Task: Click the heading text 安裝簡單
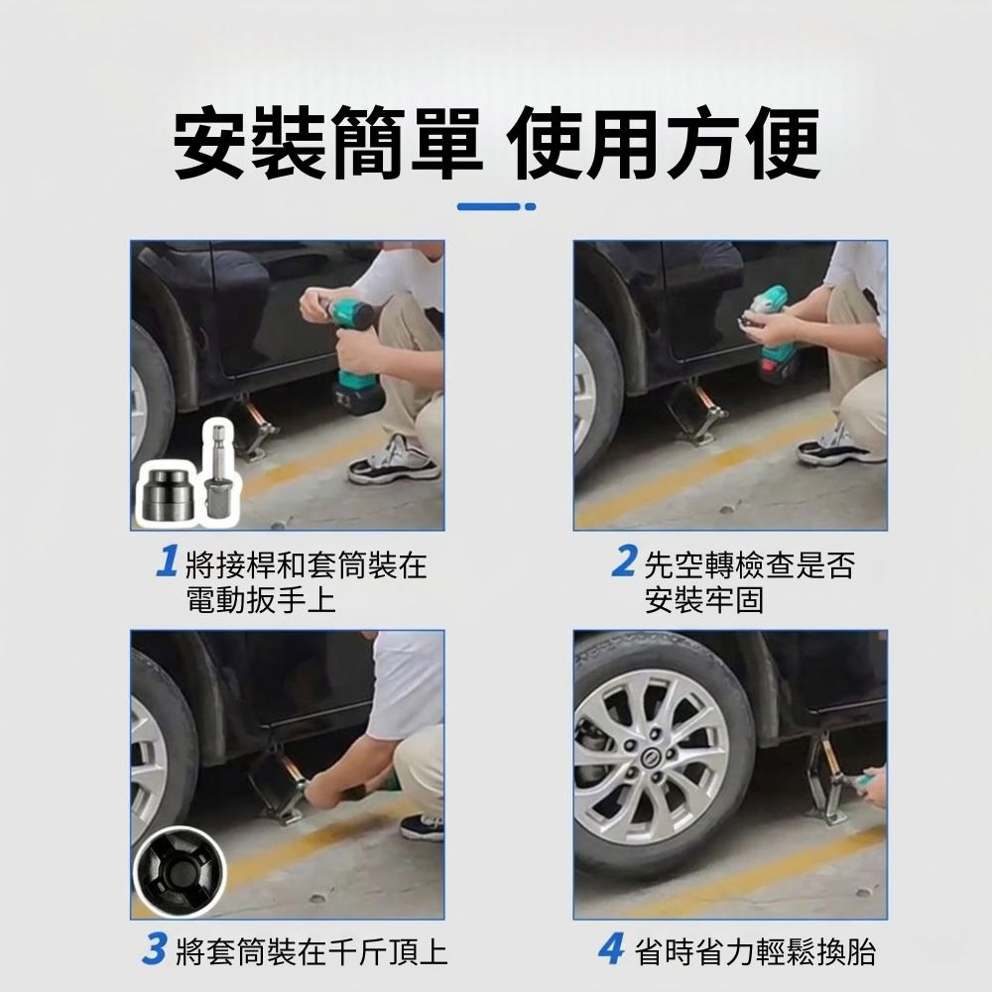(x=323, y=145)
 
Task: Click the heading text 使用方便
(x=665, y=145)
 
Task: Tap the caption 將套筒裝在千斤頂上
(x=310, y=952)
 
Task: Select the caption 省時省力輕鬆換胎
(x=755, y=952)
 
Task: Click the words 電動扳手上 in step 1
(x=261, y=600)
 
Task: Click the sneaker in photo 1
(x=394, y=461)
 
